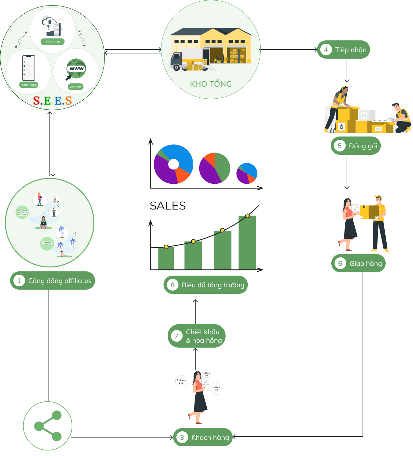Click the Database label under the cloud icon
click(52, 42)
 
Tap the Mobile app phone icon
click(29, 68)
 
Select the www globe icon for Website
click(76, 68)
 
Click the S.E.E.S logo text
click(52, 101)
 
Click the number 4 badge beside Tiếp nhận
click(326, 50)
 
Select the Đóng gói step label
click(363, 146)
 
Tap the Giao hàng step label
click(365, 264)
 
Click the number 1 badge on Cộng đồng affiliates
click(19, 281)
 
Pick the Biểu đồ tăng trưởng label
click(213, 285)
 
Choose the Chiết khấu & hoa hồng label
click(203, 336)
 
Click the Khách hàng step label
click(210, 438)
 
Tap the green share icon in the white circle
click(48, 426)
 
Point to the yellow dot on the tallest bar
click(247, 216)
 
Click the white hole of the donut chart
click(173, 164)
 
